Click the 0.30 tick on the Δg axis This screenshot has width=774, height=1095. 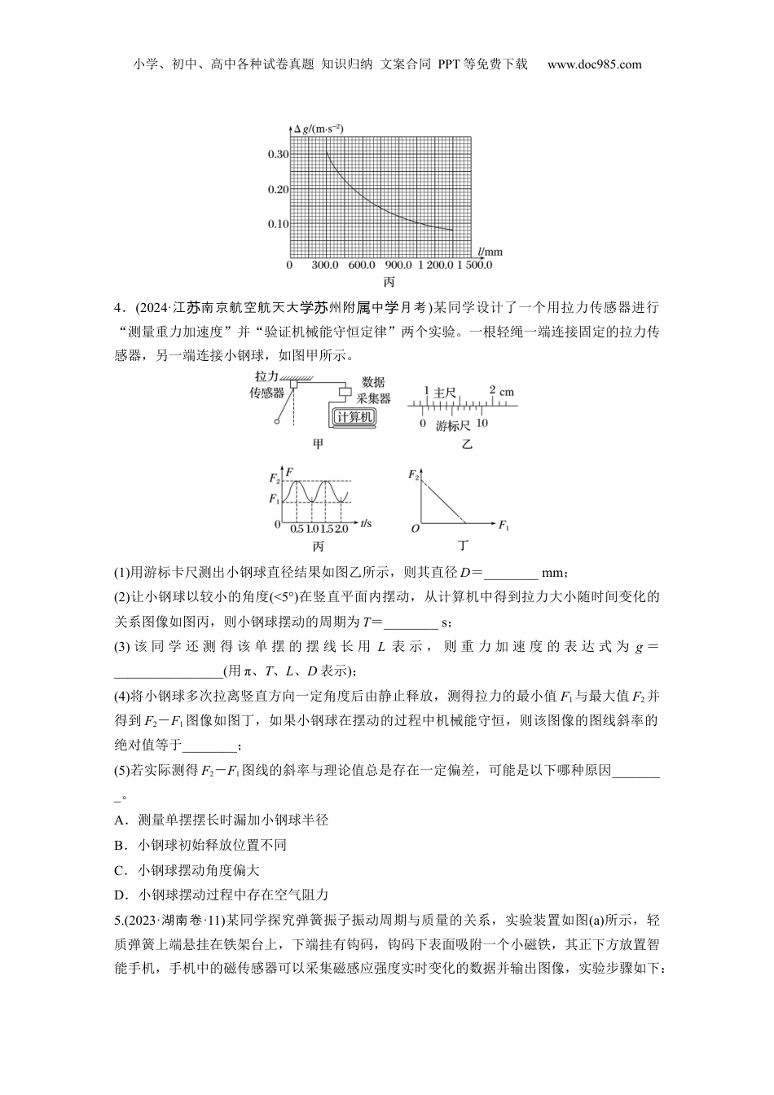tap(278, 154)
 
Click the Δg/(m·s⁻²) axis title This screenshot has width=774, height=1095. tap(319, 128)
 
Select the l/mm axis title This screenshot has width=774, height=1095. tap(490, 253)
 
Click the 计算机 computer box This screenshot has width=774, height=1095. tap(354, 416)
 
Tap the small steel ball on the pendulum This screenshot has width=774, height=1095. tap(278, 421)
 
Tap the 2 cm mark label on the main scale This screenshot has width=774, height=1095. tap(502, 389)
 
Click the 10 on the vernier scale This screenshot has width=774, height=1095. tap(482, 424)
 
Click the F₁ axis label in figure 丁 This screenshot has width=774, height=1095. tap(504, 525)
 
